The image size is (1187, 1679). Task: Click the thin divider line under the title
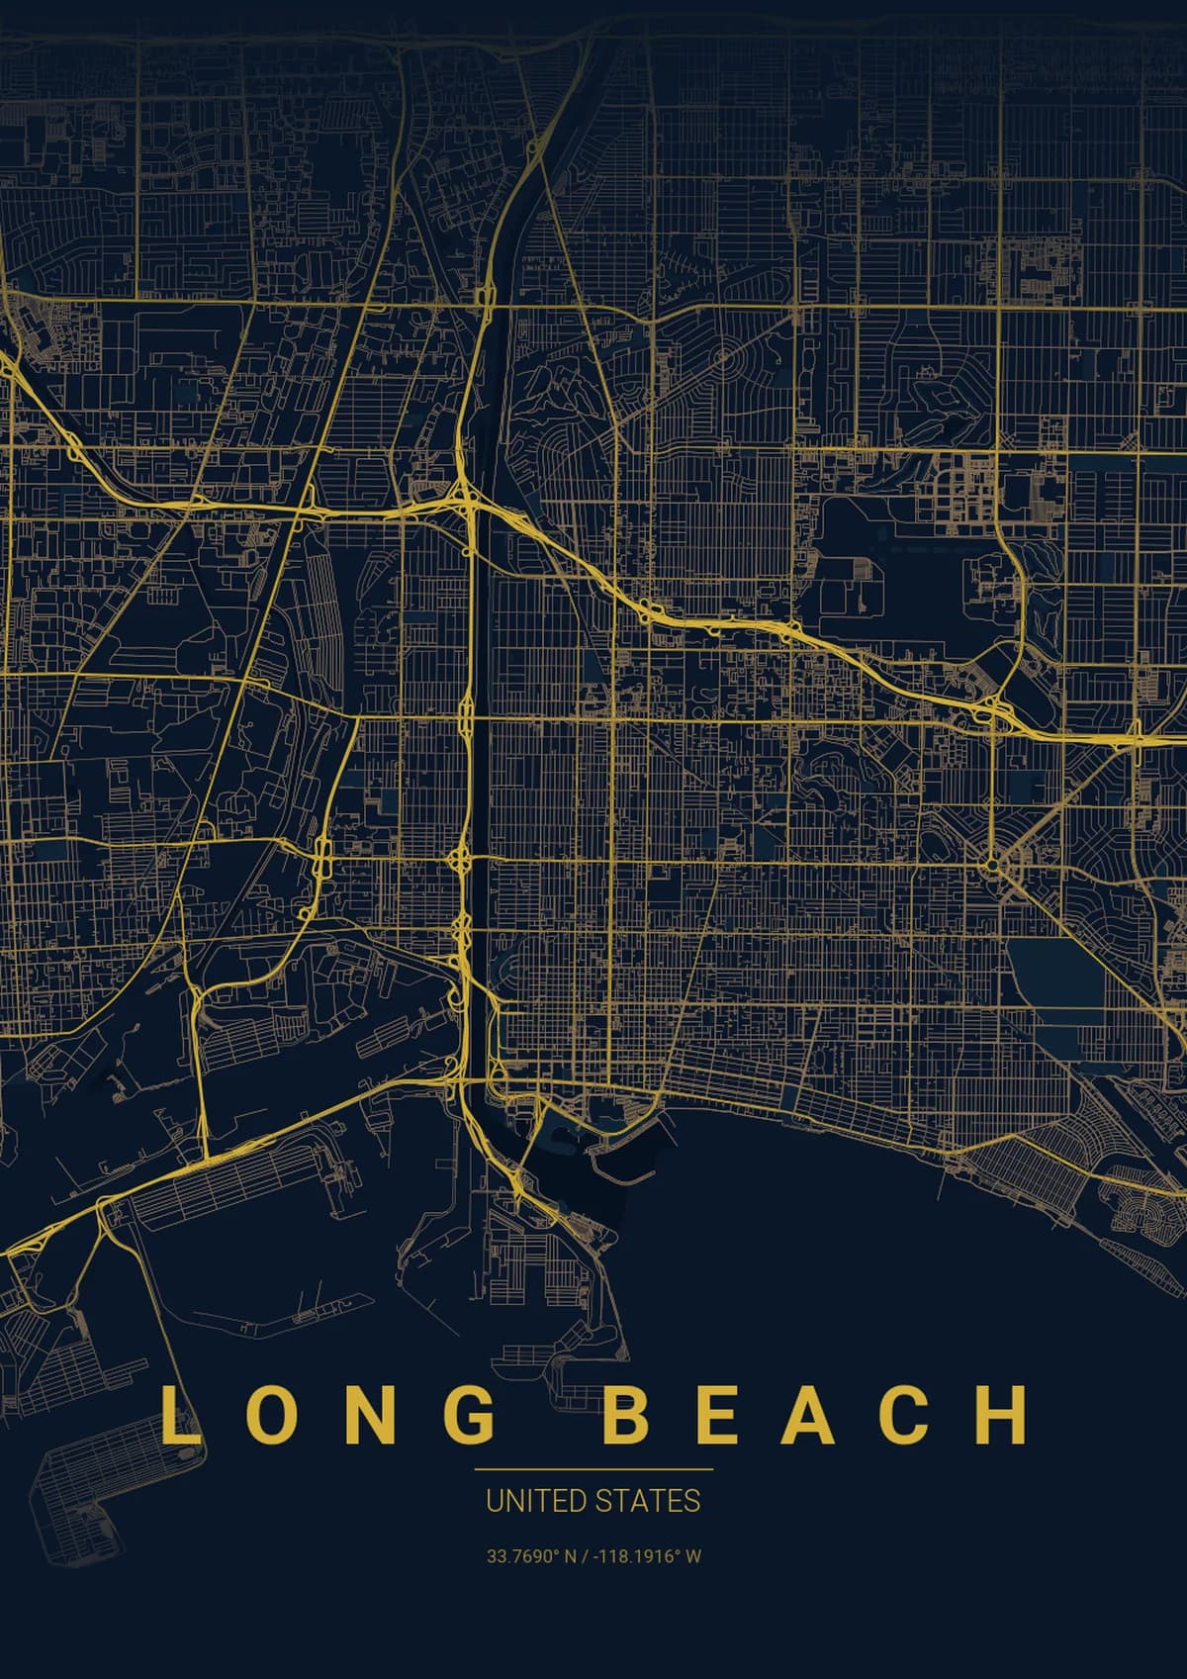pos(593,1470)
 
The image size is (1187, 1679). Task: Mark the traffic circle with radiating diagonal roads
pos(991,865)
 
